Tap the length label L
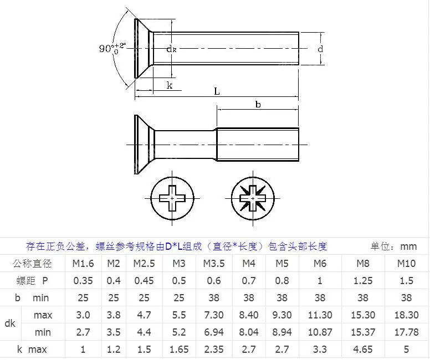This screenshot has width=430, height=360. coord(217,91)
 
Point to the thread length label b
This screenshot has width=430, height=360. coord(258,104)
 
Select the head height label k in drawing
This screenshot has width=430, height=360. coord(170,85)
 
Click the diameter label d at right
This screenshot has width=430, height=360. coord(320,49)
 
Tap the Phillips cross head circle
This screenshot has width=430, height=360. coord(173,198)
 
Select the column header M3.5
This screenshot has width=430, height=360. coord(214,263)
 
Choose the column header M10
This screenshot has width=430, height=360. coord(406,263)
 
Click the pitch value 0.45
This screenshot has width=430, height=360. coord(145,280)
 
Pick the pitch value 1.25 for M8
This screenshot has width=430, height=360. coord(362,280)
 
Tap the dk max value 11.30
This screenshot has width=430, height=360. coord(320,315)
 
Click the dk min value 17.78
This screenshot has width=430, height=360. coord(406,332)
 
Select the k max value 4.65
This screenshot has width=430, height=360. coord(362,349)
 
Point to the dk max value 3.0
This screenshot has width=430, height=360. coord(83,315)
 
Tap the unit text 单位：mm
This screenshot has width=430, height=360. coord(393,246)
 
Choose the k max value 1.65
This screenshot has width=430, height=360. coord(178,349)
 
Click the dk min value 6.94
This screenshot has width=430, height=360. coord(214,332)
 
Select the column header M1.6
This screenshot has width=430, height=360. coord(83,263)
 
